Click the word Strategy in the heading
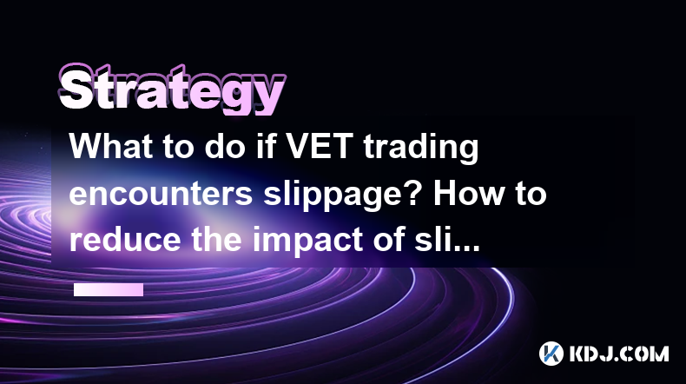point(172,89)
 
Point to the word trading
point(420,149)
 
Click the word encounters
point(161,194)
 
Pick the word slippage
point(337,196)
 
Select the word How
point(469,193)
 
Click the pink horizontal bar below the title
point(109,289)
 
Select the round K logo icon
point(551,354)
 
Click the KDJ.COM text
point(619,354)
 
